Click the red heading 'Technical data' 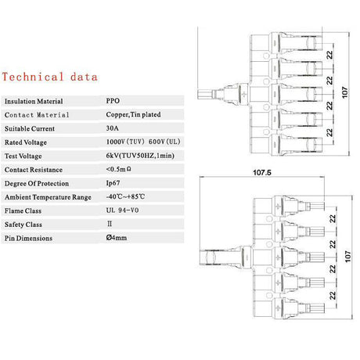50,77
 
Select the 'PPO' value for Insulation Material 113,101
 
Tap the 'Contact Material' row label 37,115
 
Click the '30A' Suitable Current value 112,128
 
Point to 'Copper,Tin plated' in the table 133,114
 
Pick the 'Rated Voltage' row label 26,142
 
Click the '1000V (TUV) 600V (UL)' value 143,142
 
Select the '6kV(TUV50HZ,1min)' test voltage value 140,156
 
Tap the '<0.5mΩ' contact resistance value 118,169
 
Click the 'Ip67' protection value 113,183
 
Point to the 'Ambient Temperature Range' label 48,197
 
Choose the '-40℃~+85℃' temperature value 125,196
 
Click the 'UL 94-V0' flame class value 122,211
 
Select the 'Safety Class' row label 23,225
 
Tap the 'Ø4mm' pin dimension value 117,237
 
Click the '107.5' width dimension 262,172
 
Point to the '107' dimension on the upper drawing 345,92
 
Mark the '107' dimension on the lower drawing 348,257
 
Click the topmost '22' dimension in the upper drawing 330,55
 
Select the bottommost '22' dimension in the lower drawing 333,296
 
